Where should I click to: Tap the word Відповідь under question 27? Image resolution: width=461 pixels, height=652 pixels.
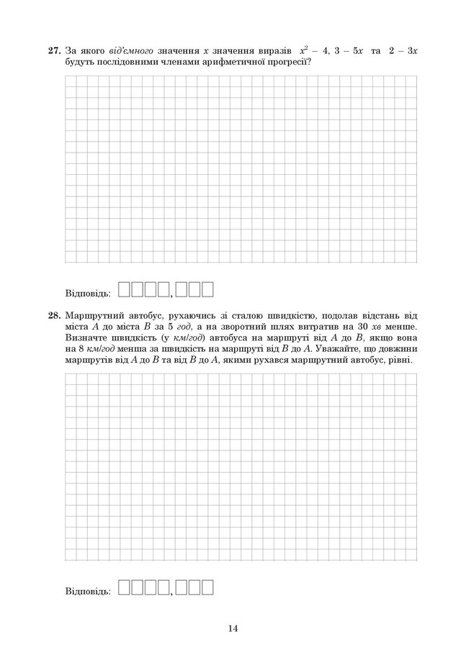pyautogui.click(x=87, y=294)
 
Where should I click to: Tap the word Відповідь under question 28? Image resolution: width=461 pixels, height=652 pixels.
pyautogui.click(x=87, y=592)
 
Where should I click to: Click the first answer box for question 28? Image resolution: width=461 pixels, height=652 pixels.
pyautogui.click(x=123, y=588)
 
